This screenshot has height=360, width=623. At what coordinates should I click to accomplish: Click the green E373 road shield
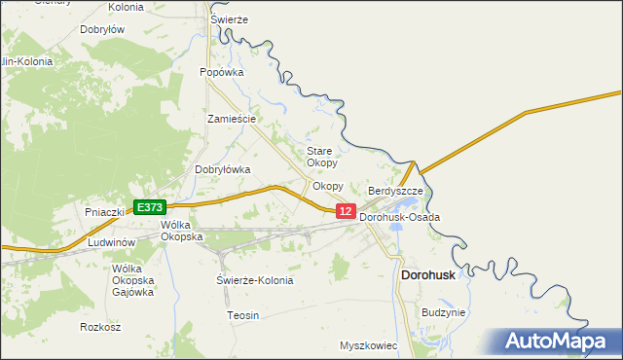click(150, 207)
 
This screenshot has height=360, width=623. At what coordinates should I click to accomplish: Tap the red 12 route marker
click(346, 210)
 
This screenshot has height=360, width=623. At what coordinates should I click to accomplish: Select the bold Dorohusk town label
click(429, 275)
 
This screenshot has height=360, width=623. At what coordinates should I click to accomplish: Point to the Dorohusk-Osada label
click(399, 217)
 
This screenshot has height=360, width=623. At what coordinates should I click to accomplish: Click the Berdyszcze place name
click(395, 192)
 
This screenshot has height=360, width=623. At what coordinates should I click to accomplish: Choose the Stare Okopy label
click(321, 157)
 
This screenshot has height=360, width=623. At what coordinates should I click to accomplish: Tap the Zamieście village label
click(232, 119)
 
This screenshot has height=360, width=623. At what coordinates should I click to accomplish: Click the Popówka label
click(221, 72)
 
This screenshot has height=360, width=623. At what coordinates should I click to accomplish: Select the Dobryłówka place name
click(223, 169)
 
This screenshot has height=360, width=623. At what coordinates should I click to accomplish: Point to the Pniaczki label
click(104, 211)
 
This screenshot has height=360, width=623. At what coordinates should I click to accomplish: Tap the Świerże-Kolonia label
click(254, 280)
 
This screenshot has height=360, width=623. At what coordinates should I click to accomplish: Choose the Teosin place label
click(242, 315)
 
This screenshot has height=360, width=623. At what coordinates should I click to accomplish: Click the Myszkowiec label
click(371, 345)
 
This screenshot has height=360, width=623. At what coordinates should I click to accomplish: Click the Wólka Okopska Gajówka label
click(134, 280)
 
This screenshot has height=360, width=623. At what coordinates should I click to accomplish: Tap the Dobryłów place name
click(101, 30)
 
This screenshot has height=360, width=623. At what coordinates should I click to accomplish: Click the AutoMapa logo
click(557, 342)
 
